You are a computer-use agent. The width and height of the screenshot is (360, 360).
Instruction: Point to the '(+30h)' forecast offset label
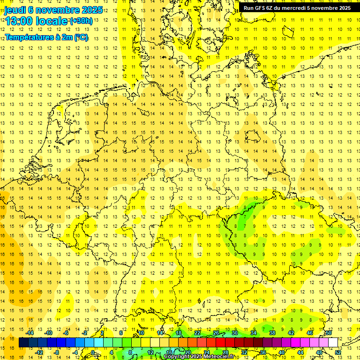pos(81,21)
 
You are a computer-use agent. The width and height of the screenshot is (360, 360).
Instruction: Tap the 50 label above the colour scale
pos(329,333)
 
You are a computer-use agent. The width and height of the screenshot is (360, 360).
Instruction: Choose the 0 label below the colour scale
pos(93,352)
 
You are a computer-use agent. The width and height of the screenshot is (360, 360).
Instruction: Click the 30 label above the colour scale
pos(234,333)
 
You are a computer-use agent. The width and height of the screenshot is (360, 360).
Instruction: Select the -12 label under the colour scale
pos(39,352)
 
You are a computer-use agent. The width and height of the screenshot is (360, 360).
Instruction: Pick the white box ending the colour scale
pos(333,342)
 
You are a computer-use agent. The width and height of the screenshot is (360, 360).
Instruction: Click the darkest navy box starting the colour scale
pos(23,342)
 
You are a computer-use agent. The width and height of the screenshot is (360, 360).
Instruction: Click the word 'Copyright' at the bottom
pos(177,357)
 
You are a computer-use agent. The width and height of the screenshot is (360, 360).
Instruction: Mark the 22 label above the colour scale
pos(197,333)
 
